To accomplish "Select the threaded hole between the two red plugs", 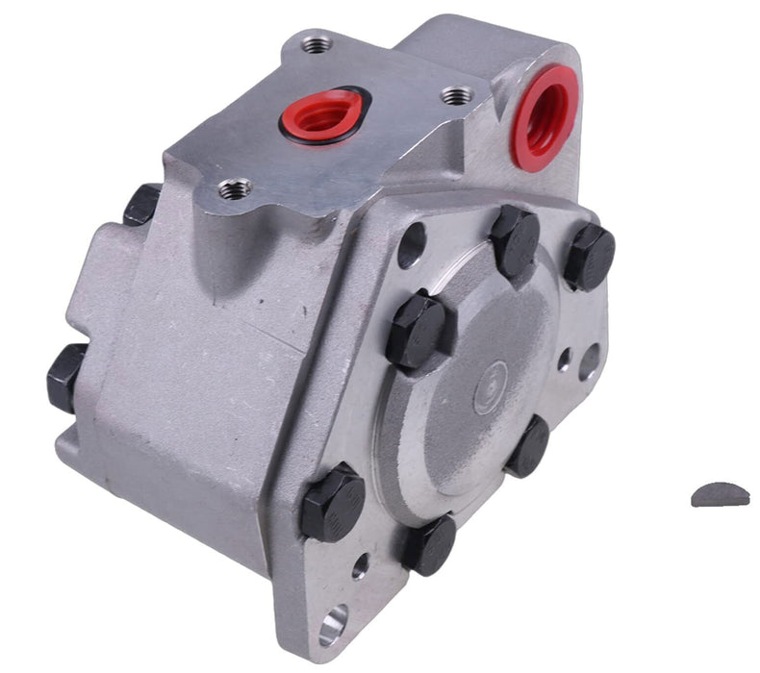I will (457, 96).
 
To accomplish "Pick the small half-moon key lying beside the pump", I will (719, 494).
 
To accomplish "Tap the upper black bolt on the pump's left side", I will (142, 204).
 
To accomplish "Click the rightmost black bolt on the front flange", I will (589, 257).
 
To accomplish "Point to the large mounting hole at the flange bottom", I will (332, 626).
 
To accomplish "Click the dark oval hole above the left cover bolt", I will (411, 245).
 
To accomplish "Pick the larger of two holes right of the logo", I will (589, 361).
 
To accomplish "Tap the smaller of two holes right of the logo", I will (565, 361).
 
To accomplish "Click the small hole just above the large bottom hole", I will (359, 565).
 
